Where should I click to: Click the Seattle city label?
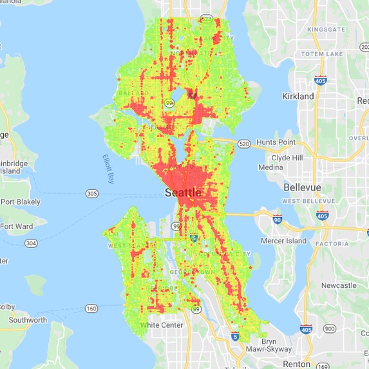[183, 193]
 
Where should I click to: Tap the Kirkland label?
[298, 96]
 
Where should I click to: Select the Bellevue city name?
[306, 187]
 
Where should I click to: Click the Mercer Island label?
[286, 241]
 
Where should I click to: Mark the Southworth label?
[23, 320]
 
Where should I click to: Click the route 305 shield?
[91, 193]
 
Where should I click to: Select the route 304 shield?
[30, 243]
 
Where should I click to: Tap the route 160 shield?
[92, 308]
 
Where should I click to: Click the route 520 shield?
[243, 144]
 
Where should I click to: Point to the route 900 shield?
[330, 328]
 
